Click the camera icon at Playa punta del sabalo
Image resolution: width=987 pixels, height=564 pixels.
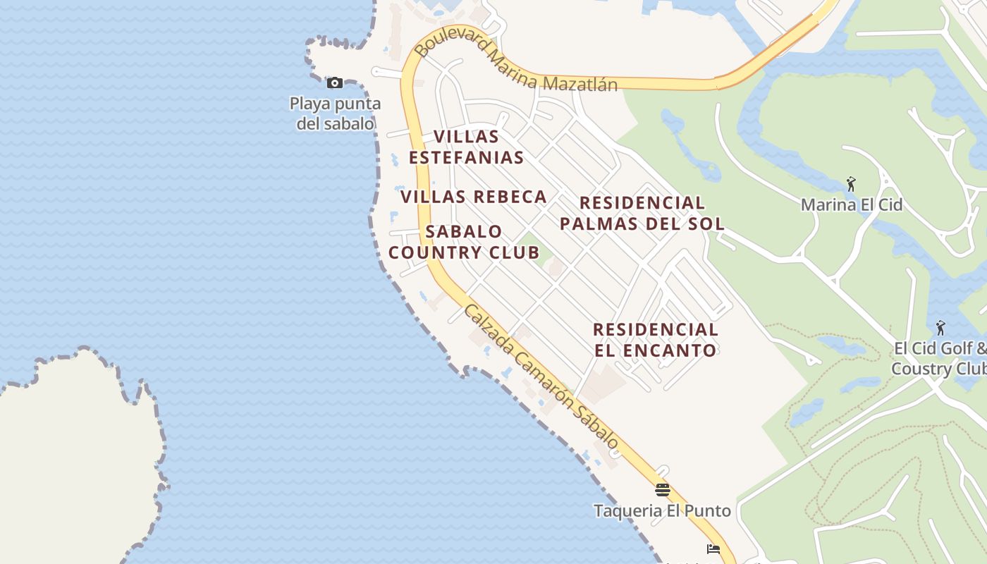tap(335, 83)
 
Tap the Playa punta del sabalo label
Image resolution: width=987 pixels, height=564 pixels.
tap(335, 114)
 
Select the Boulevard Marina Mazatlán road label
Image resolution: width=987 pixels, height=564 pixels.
tap(515, 66)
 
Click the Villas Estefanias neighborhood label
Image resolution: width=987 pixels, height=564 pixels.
tap(466, 147)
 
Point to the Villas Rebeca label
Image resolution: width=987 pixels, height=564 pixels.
tap(474, 197)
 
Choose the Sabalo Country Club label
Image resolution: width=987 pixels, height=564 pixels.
tap(464, 242)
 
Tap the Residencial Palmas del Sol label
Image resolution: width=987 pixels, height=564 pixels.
tap(642, 213)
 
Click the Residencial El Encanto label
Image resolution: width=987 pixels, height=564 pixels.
tap(655, 339)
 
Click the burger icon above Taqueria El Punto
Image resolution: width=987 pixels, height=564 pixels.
tap(662, 490)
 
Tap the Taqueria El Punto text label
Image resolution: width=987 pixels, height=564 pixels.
tap(662, 510)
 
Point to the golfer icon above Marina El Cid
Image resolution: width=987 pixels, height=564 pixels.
tap(851, 185)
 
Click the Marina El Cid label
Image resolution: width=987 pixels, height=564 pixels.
tap(851, 205)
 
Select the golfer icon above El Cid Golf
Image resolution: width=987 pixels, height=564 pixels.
tap(940, 328)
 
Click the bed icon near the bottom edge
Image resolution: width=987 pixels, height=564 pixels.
tap(713, 549)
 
